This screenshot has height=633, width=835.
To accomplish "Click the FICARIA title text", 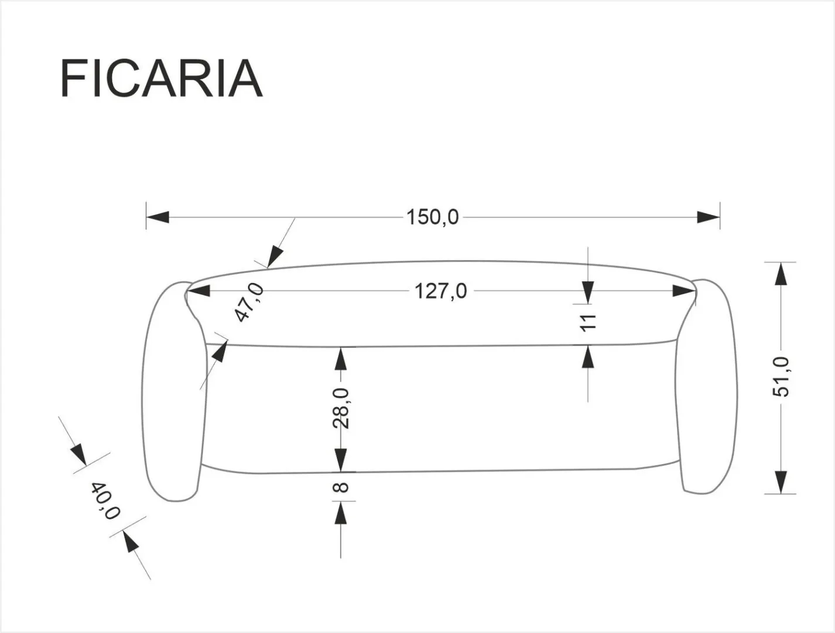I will click(161, 79).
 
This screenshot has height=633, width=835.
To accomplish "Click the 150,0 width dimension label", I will click(433, 217).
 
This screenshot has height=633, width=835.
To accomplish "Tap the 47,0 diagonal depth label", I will click(249, 302).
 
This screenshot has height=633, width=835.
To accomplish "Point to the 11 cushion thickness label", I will click(588, 322).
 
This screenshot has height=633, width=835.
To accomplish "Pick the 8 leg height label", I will click(342, 486).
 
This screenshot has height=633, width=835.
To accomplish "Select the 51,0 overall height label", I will click(781, 377).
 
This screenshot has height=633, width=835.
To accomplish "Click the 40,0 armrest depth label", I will click(105, 501).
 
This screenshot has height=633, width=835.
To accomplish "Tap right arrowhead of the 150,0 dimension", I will click(708, 217).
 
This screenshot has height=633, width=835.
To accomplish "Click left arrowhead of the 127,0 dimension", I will click(198, 291).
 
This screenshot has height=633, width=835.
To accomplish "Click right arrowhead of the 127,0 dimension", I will click(683, 291).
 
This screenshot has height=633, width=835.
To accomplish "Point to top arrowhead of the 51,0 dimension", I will click(780, 274).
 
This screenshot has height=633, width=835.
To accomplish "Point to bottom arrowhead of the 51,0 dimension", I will click(780, 481).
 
